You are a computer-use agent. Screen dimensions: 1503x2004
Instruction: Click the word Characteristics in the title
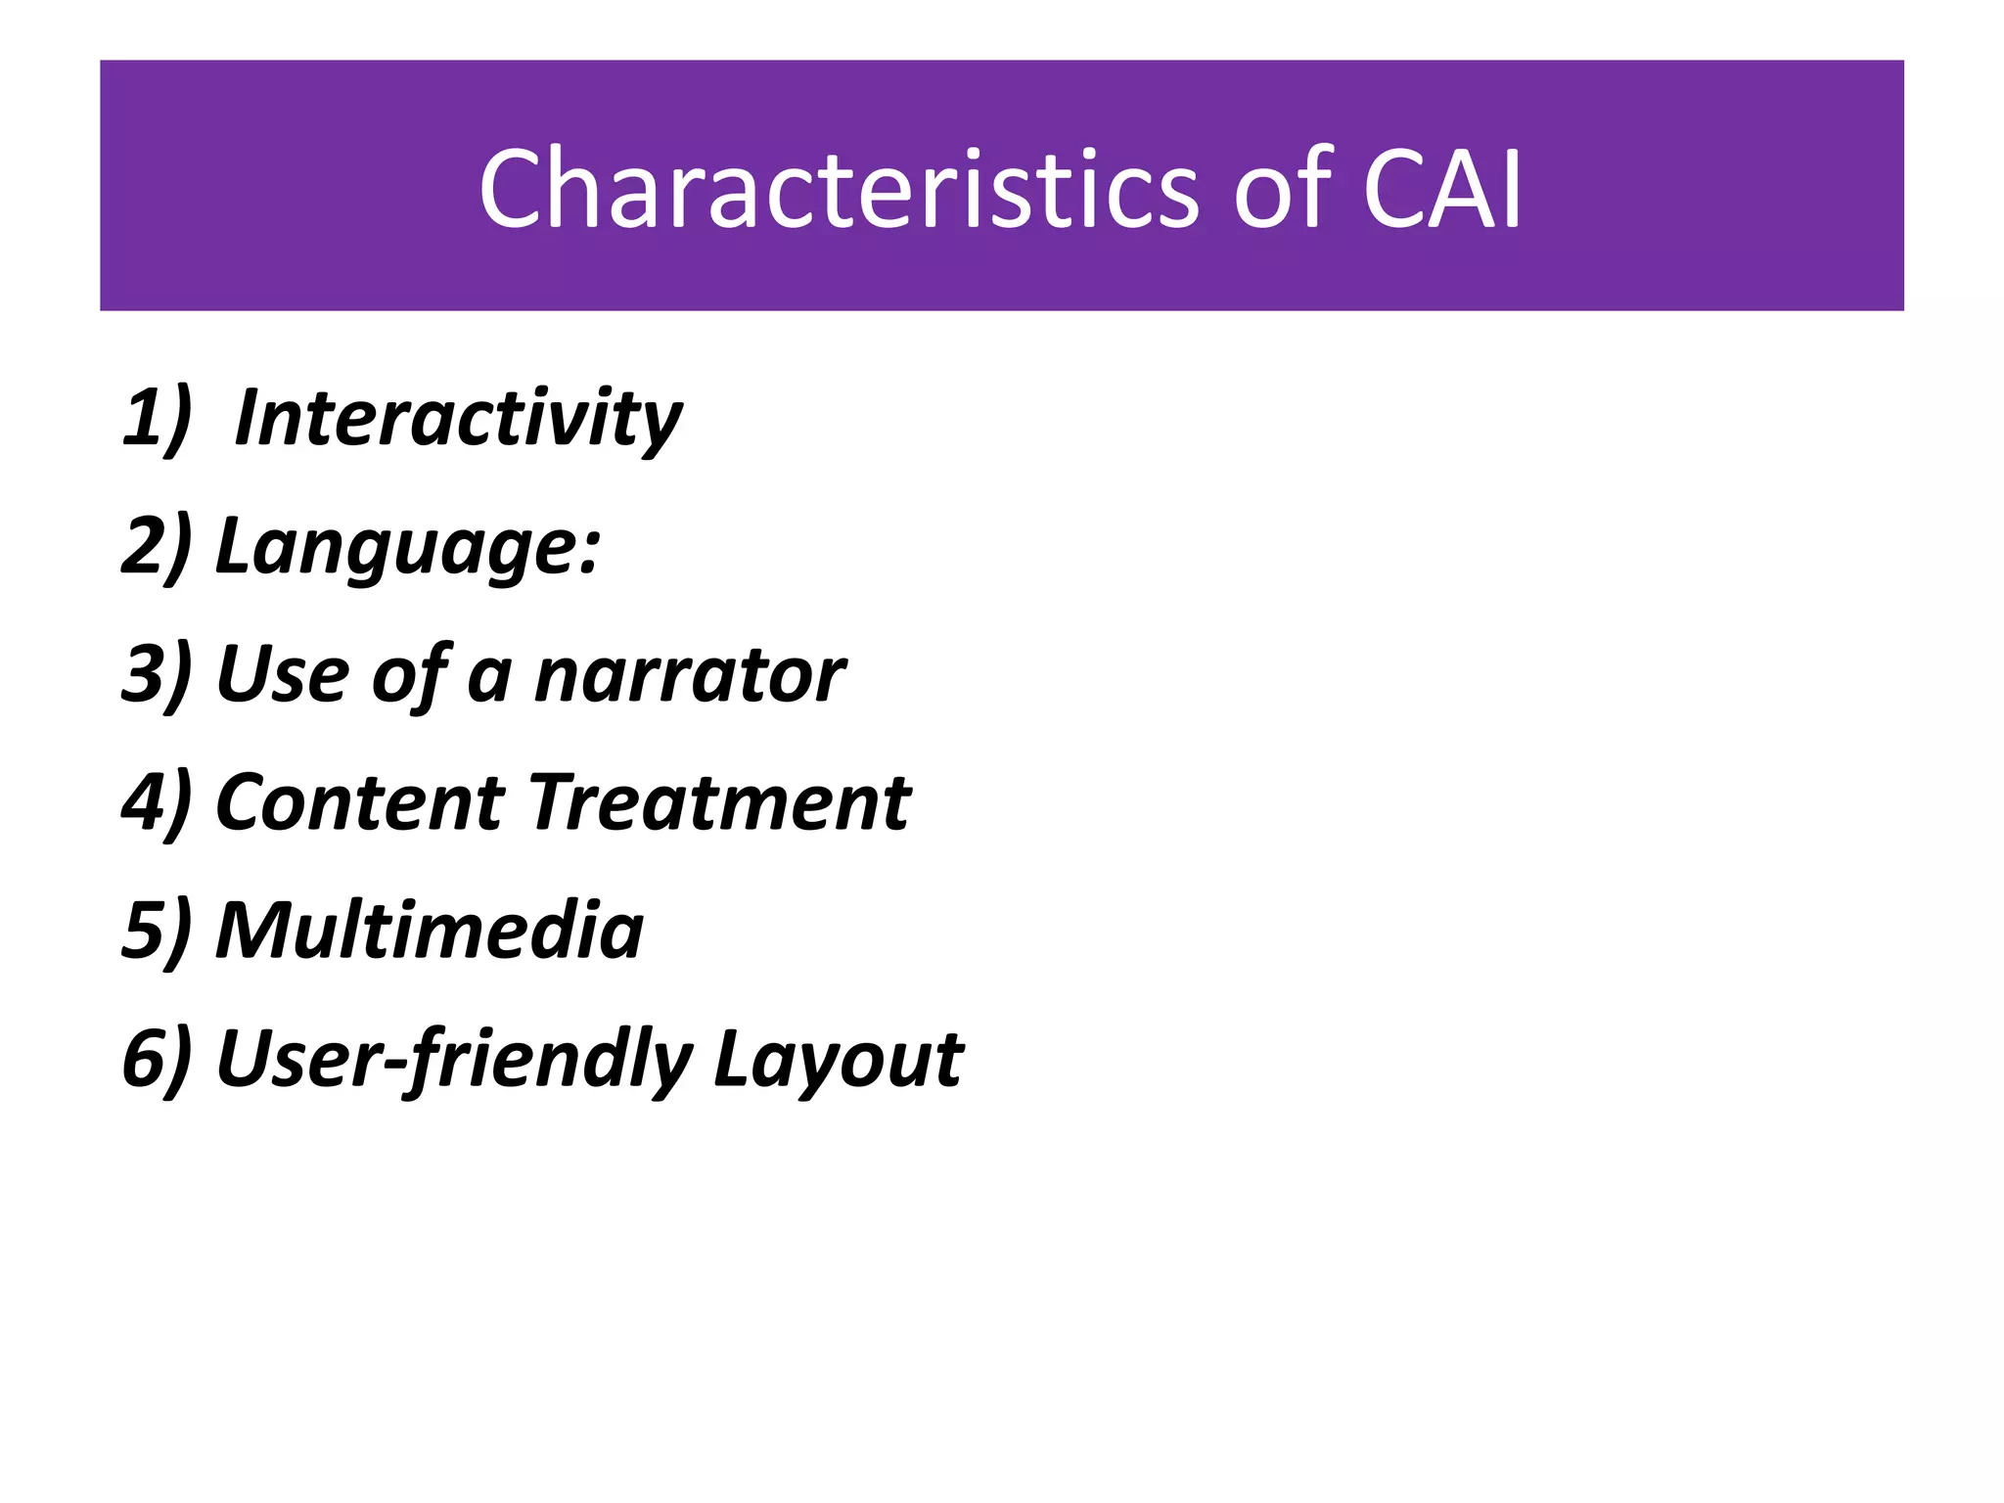pyautogui.click(x=839, y=189)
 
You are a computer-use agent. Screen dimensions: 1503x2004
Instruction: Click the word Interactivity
pyautogui.click(x=458, y=419)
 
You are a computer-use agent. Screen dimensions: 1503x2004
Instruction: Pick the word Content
pyautogui.click(x=359, y=803)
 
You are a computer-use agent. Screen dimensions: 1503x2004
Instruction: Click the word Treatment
pyautogui.click(x=720, y=803)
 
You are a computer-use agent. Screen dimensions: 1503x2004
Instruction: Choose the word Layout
pyautogui.click(x=839, y=1060)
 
